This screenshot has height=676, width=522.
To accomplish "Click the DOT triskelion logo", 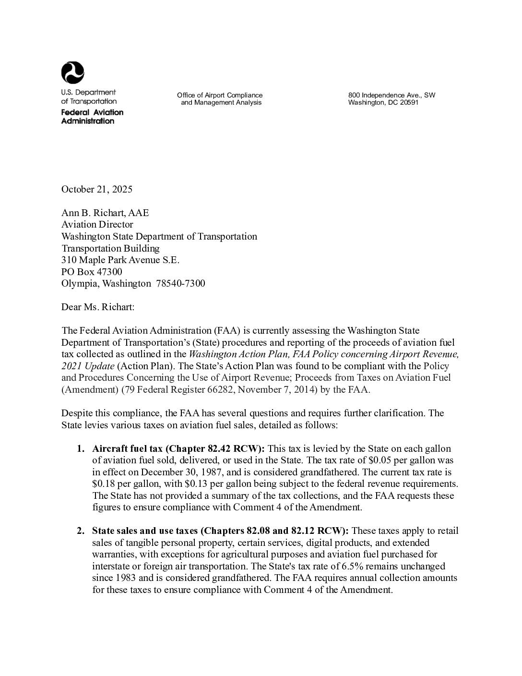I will coord(73,73).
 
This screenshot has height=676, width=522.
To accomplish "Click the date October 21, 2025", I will coord(97,189).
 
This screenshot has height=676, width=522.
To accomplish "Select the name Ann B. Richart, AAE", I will coord(105,213).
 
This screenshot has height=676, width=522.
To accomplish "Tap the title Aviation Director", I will coord(97,224).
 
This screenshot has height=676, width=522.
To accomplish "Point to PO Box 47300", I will coord(92,272).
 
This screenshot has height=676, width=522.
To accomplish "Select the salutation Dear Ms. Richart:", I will coord(98,307).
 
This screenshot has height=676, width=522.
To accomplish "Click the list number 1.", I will coord(80,449).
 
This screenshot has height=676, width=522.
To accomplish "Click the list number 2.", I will coord(80,531).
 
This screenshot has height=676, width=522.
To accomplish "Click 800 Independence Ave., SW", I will coord(391,95).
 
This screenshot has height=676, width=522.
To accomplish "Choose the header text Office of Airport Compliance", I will coord(220,95).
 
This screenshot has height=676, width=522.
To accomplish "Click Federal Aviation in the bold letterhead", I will coord(92,112).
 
